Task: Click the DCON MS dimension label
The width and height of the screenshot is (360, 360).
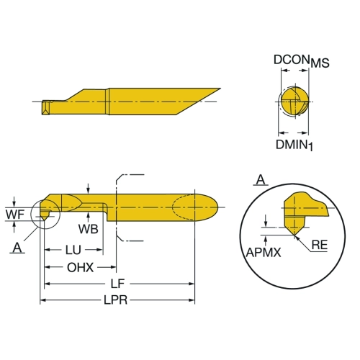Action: click(302, 60)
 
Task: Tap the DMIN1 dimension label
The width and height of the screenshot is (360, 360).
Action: click(294, 145)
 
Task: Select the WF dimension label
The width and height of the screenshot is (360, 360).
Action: click(15, 214)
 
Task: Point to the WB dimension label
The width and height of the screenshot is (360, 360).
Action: click(89, 229)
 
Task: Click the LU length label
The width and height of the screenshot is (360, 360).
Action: click(73, 250)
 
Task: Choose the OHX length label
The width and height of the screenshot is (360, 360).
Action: click(80, 267)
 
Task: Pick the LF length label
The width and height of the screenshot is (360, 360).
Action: click(117, 284)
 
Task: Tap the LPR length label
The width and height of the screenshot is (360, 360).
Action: click(115, 300)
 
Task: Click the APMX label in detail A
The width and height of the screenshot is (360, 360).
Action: click(264, 252)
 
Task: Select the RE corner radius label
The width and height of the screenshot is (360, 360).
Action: click(320, 245)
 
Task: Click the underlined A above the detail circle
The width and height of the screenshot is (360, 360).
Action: click(261, 180)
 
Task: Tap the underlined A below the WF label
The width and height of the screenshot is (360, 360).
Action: click(17, 248)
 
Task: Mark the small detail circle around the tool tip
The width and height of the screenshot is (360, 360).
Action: click(31, 215)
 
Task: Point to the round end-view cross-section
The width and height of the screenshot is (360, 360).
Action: click(294, 102)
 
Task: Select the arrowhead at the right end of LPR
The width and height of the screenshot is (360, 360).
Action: click(192, 300)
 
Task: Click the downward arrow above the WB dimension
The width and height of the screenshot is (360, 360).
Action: click(89, 189)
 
